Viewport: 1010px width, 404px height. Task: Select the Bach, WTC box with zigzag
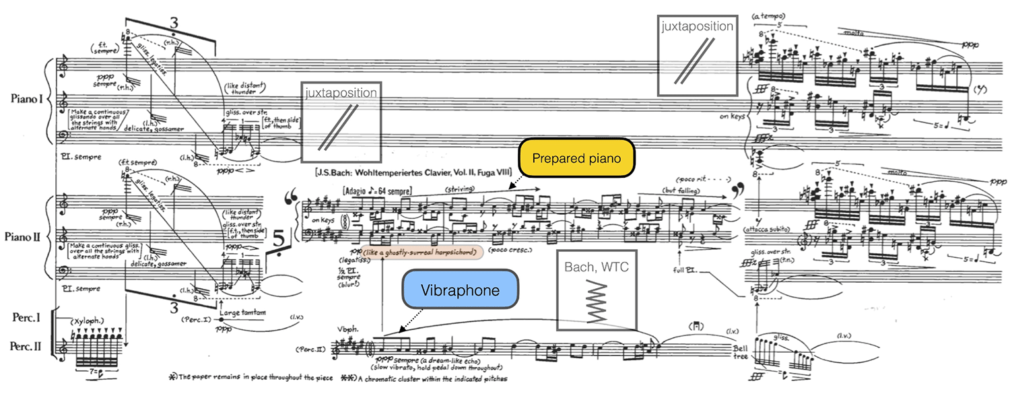(596, 290)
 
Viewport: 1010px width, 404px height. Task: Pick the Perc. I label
(26, 316)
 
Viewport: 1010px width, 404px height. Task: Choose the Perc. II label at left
(26, 347)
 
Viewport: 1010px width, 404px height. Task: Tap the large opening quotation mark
(292, 199)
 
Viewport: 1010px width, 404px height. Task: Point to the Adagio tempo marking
(377, 191)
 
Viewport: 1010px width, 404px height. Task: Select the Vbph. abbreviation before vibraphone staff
(349, 330)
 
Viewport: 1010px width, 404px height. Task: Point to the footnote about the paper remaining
(249, 378)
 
